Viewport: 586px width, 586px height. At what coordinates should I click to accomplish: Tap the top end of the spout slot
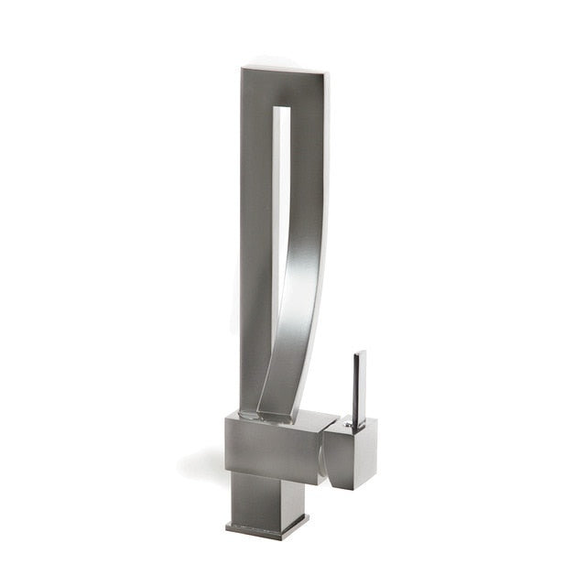[x=285, y=111]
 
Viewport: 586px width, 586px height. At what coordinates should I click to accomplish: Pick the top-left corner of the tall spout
[x=244, y=70]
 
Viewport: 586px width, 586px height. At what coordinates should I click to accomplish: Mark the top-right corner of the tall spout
[x=328, y=73]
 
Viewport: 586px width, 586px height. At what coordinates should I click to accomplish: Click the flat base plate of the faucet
[x=266, y=529]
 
